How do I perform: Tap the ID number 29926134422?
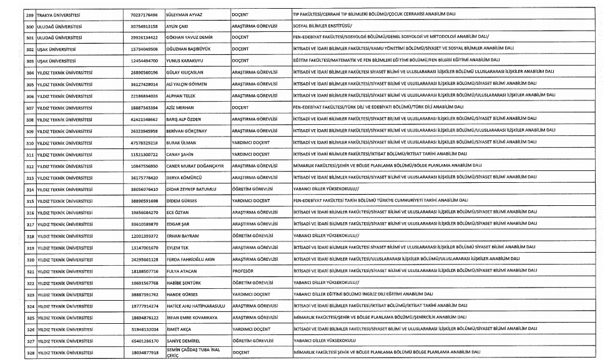pos(145,36)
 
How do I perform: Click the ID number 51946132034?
pos(145,329)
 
